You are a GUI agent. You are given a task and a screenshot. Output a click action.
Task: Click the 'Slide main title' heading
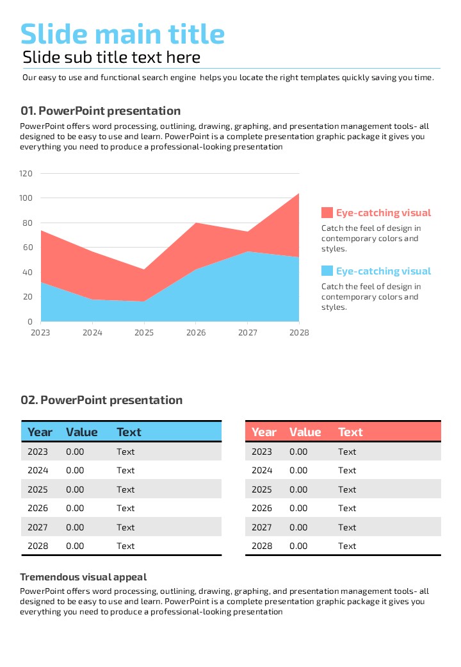(x=122, y=34)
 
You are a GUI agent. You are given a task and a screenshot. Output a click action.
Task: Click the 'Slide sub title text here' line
(x=111, y=58)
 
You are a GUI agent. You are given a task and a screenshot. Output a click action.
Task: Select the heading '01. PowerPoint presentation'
(x=101, y=111)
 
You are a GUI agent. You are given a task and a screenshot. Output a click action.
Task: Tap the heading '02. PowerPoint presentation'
(x=102, y=400)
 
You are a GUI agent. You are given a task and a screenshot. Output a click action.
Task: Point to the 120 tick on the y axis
(x=26, y=173)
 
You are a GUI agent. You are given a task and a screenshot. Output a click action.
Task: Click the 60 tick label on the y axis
(x=28, y=248)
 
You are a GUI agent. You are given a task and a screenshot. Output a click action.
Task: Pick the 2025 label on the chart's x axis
(x=144, y=333)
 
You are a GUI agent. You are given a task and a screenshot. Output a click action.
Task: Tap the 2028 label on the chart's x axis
(x=299, y=333)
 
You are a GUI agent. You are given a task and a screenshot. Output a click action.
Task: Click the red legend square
(x=327, y=213)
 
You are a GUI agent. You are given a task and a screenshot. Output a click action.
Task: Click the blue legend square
(x=327, y=271)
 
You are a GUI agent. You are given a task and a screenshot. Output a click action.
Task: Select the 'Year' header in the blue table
(x=40, y=432)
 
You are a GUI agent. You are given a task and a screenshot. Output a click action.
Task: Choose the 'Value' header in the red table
(x=305, y=432)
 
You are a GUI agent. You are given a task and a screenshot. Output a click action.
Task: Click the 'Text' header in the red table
(x=350, y=432)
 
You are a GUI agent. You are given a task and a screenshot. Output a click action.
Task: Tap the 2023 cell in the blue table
(x=38, y=452)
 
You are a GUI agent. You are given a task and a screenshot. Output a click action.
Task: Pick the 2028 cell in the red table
(x=262, y=546)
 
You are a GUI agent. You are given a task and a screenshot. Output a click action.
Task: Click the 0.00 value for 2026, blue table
(x=75, y=509)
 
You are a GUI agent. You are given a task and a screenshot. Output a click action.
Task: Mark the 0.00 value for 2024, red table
(x=298, y=471)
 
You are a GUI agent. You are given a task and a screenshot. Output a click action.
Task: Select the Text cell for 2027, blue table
(x=125, y=527)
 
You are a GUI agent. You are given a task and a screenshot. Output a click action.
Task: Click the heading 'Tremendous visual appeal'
(x=83, y=577)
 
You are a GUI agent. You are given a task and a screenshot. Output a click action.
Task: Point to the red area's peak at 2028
(x=299, y=193)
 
